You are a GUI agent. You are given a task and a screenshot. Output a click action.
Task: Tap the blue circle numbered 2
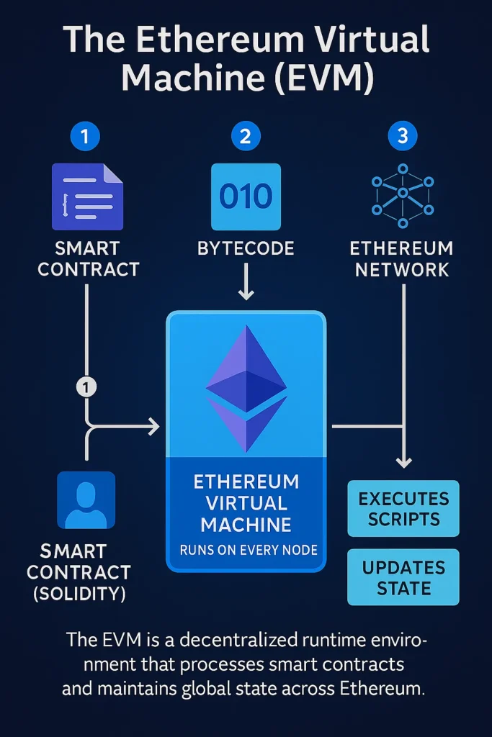(x=246, y=136)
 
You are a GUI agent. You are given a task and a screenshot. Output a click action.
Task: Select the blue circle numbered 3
(x=403, y=136)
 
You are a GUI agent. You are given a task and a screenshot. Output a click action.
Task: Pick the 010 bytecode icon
(x=246, y=196)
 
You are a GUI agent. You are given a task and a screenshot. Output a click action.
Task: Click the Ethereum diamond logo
(x=246, y=389)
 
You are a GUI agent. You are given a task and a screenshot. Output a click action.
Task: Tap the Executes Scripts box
(x=403, y=509)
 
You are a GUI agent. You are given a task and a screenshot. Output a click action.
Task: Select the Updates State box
(x=403, y=577)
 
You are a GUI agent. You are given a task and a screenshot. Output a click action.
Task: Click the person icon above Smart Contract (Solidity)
(x=86, y=500)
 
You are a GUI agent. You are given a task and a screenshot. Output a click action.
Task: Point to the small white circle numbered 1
(x=86, y=387)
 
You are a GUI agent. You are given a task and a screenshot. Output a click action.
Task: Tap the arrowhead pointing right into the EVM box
(x=153, y=427)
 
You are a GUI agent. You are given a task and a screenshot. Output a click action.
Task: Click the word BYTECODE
(x=246, y=249)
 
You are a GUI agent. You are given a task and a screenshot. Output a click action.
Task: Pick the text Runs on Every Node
(x=246, y=551)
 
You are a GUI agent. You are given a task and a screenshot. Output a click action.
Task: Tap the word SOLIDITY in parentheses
(x=86, y=594)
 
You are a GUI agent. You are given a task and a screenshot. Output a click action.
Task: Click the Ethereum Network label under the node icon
(x=401, y=259)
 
